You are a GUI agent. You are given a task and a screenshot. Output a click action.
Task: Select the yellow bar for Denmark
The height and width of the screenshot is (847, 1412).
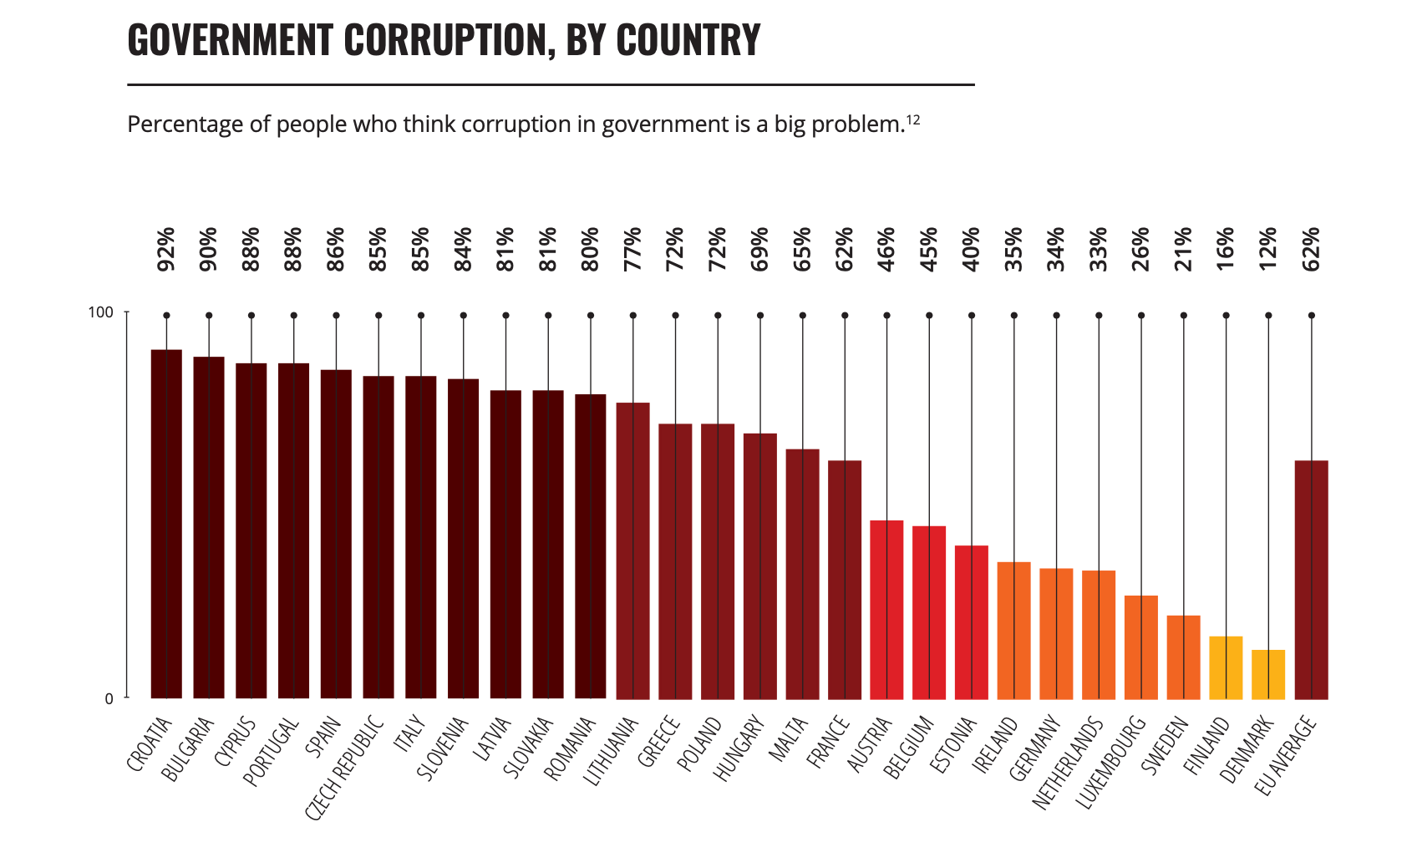click(1268, 674)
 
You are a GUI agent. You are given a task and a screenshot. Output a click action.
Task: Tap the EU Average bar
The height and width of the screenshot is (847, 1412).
click(1311, 580)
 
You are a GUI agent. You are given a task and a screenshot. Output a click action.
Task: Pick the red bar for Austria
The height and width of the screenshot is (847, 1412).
click(886, 610)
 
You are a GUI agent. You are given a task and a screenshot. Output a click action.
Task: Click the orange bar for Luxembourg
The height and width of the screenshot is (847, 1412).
click(1141, 647)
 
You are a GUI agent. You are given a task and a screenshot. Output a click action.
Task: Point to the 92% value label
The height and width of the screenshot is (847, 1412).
click(166, 249)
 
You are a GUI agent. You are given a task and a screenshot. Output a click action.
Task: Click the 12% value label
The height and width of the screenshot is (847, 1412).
click(1268, 249)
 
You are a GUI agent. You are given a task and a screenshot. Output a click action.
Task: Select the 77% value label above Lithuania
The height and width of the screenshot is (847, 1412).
click(632, 249)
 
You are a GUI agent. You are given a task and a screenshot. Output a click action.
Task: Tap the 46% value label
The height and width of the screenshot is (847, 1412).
click(886, 249)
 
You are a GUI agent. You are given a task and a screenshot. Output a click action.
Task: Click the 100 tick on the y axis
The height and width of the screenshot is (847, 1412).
click(100, 312)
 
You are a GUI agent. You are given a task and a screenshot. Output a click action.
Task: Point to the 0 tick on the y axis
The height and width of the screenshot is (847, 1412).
click(109, 699)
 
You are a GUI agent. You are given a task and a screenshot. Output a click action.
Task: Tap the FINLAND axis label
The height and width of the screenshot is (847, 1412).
click(1207, 747)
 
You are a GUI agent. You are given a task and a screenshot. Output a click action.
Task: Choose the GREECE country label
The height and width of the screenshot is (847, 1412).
click(659, 742)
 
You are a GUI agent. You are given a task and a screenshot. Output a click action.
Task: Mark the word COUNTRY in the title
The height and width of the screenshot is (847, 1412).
click(688, 40)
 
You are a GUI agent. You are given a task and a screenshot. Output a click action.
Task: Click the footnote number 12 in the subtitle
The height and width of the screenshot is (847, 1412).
click(913, 119)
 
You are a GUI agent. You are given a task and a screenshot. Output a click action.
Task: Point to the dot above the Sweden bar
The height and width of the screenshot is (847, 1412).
click(1183, 316)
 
